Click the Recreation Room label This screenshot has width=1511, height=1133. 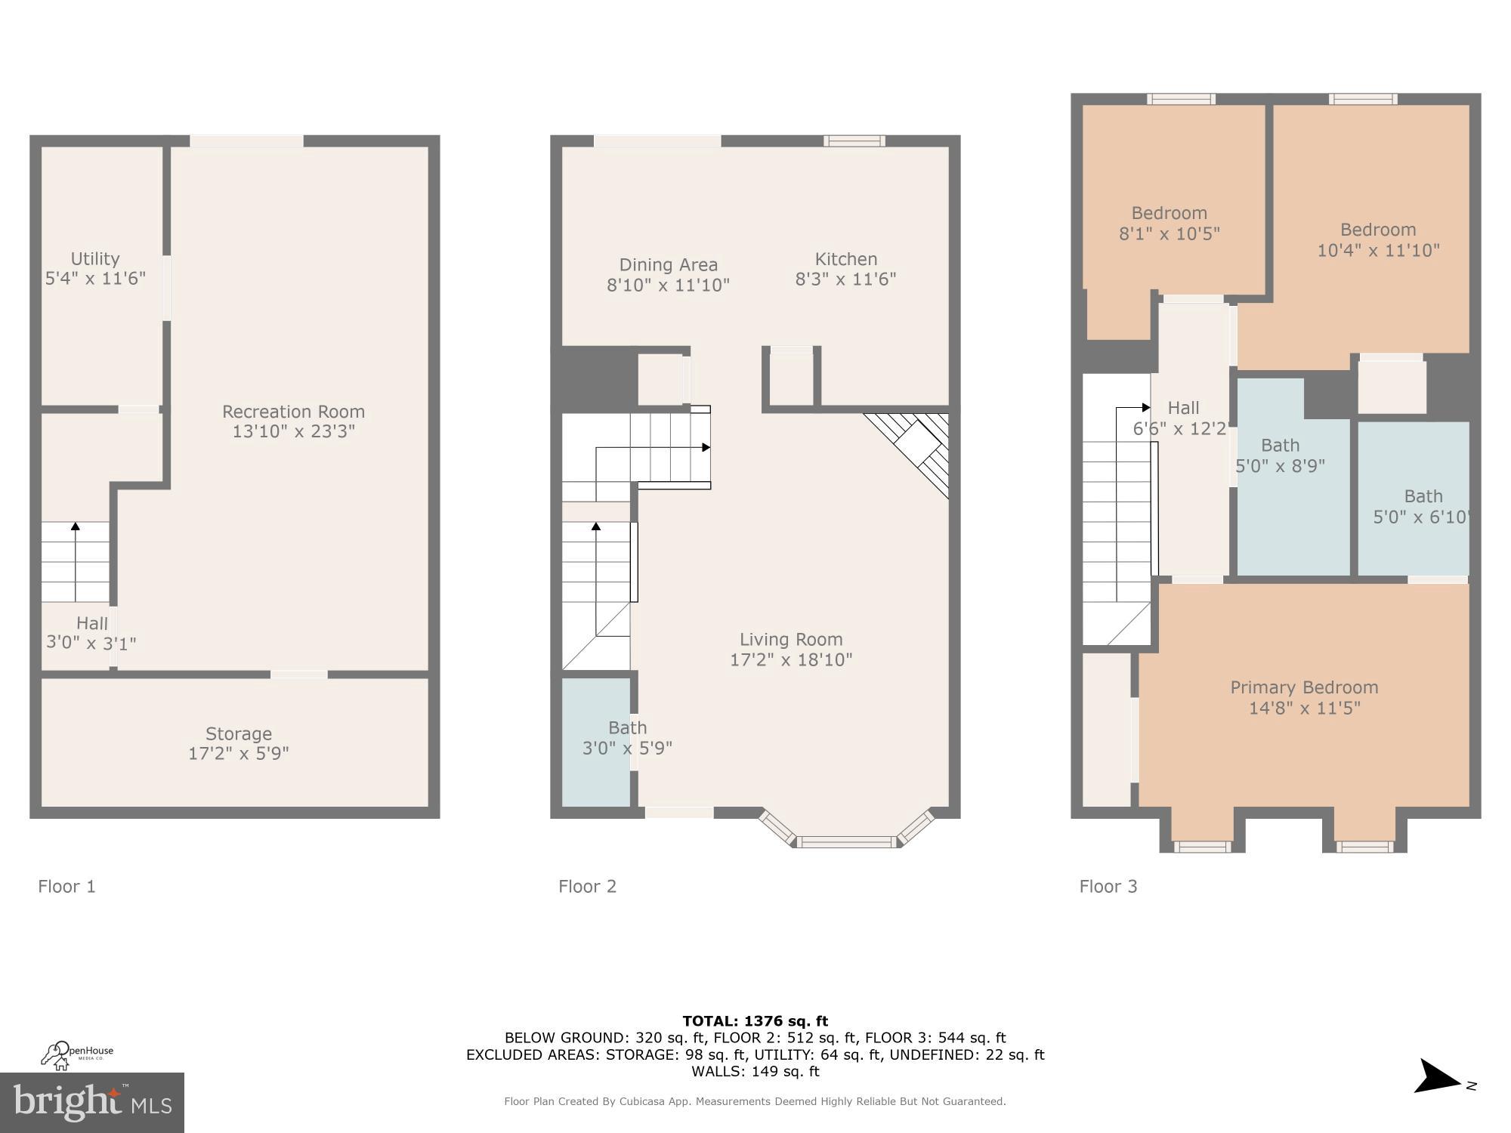tap(293, 412)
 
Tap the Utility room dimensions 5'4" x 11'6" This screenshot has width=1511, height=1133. tap(95, 279)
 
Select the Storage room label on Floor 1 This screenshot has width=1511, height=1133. tap(239, 733)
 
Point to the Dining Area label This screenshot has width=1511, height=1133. tap(668, 265)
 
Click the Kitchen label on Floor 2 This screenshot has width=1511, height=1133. tap(845, 259)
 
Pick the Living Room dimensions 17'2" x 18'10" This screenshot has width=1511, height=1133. tap(791, 659)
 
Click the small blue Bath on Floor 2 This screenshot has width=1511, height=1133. tap(596, 740)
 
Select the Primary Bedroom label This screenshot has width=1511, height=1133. tap(1304, 687)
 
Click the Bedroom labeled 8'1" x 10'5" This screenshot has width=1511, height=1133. tap(1169, 224)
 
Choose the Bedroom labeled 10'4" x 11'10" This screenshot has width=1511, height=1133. tap(1378, 239)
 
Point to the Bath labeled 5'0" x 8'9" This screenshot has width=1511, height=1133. tap(1281, 455)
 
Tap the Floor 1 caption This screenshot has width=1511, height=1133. tap(67, 886)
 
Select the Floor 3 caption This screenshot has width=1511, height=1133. tap(1108, 886)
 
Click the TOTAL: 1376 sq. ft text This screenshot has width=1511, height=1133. tap(755, 1021)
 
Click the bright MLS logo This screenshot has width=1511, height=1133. tap(92, 1103)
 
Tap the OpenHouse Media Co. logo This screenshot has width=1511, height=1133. tap(77, 1054)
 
